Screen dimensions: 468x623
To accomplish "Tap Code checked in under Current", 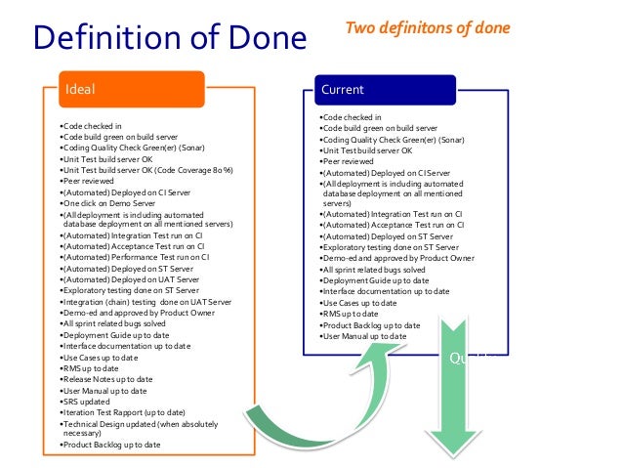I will [352, 117].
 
